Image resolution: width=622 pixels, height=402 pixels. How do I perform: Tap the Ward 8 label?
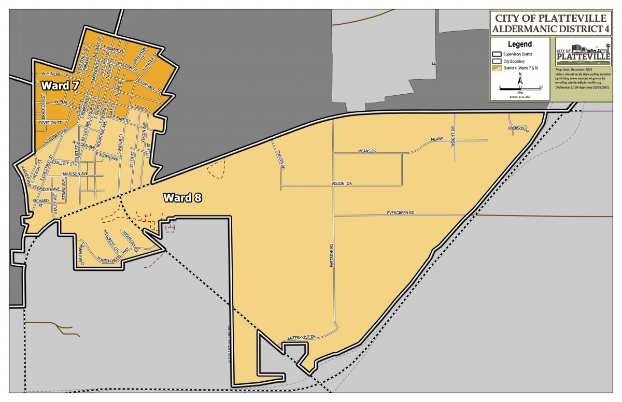182,197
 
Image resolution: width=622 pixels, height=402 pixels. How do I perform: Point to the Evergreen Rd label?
401,213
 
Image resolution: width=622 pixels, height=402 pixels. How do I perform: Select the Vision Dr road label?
342,184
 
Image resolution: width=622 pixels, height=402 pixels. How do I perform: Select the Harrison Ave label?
75,174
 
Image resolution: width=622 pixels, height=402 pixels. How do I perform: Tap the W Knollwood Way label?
111,256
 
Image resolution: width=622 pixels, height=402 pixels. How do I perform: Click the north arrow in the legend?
520,79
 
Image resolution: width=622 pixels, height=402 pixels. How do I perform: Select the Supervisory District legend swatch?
496,54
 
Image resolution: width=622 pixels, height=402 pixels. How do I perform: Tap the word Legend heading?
520,45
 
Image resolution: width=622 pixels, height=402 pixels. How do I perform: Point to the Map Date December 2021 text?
574,69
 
